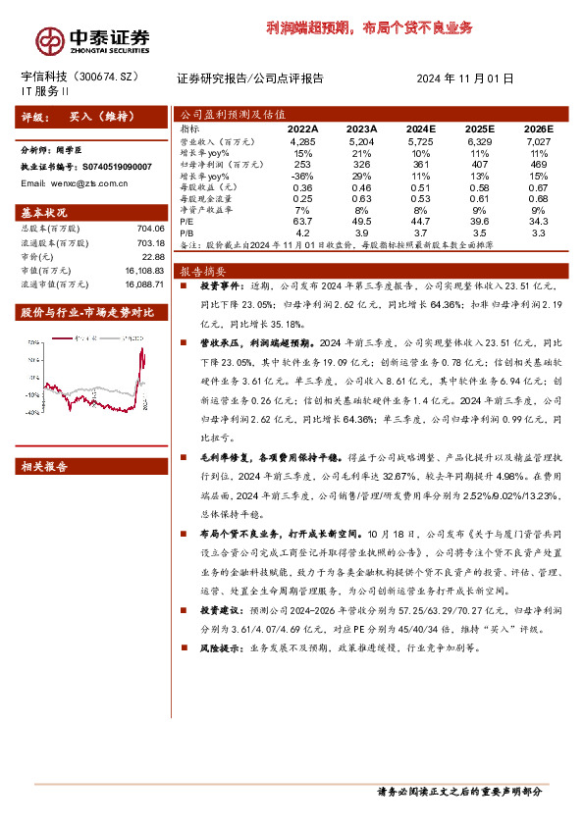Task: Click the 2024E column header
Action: point(420,129)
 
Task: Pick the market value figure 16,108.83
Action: point(144,268)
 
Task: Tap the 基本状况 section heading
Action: point(45,212)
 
